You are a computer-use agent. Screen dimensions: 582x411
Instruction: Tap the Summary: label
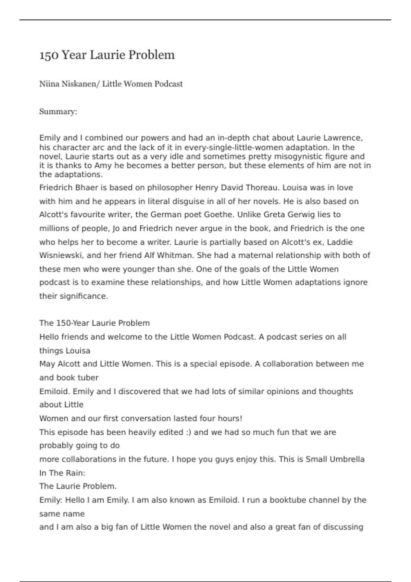[x=58, y=112]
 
